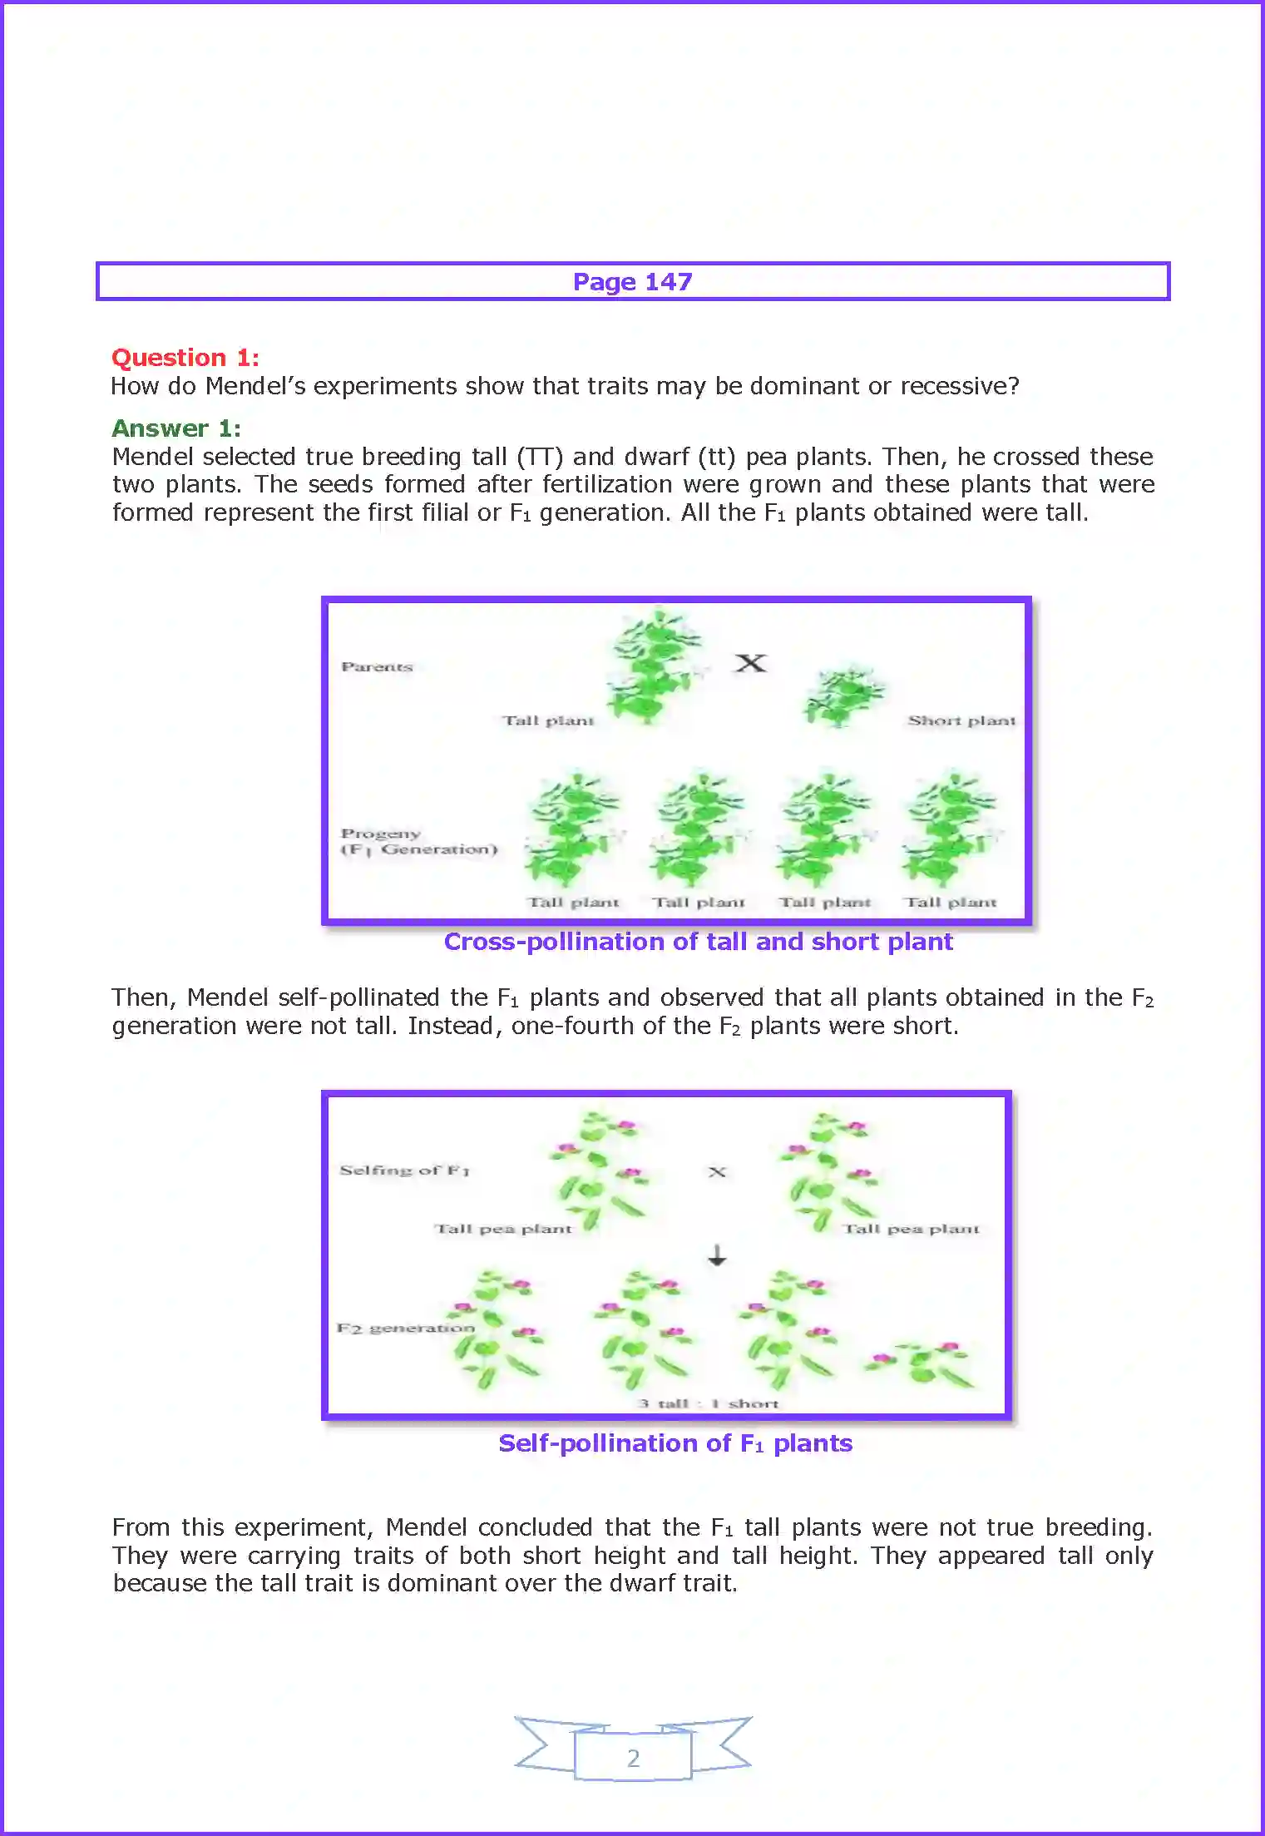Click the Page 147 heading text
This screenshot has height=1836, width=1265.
tap(632, 282)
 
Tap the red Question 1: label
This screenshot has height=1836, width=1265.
tap(185, 358)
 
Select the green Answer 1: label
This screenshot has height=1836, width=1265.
tap(175, 428)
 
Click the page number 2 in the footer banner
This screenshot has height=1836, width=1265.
tap(633, 1758)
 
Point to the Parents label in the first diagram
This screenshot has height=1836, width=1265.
tap(376, 666)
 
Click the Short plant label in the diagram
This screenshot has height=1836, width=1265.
tap(961, 720)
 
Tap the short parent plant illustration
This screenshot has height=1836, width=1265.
tap(843, 696)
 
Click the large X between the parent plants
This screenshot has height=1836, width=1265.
tap(750, 663)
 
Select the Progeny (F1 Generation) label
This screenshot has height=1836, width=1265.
tap(418, 841)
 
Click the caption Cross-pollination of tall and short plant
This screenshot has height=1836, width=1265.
tap(697, 942)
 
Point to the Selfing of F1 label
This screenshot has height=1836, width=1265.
tap(404, 1170)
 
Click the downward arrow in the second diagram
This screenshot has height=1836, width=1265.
tap(717, 1255)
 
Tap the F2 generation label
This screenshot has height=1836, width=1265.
tap(405, 1328)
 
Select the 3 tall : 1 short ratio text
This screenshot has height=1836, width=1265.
tap(708, 1403)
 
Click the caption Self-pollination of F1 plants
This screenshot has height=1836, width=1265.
tap(675, 1443)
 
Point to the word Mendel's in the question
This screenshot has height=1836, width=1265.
tap(256, 386)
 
